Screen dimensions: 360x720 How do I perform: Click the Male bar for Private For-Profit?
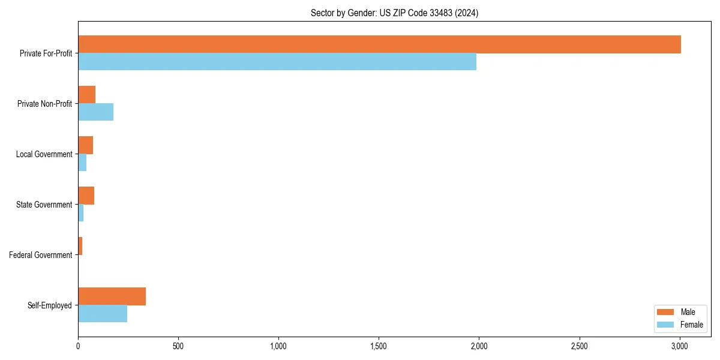[x=379, y=44]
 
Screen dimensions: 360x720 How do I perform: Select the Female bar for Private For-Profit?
[x=277, y=62]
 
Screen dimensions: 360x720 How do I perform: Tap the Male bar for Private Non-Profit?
[x=86, y=95]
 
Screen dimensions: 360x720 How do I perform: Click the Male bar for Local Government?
[x=85, y=145]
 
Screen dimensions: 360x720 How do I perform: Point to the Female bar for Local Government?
[x=82, y=163]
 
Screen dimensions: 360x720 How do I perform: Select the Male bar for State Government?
[x=86, y=196]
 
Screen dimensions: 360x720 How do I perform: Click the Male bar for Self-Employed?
[x=112, y=296]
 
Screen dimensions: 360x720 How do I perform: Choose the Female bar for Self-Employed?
[x=103, y=314]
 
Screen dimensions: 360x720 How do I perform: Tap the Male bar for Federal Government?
[x=80, y=246]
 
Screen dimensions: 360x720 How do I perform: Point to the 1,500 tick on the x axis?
[x=379, y=346]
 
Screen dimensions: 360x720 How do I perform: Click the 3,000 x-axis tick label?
[x=679, y=346]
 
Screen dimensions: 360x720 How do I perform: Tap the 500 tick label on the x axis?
[x=178, y=346]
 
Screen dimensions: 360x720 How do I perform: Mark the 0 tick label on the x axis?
[x=78, y=346]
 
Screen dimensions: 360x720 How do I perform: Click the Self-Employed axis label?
[x=50, y=305]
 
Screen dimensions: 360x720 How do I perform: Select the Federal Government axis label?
[x=41, y=255]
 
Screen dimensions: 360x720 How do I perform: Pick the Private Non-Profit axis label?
[x=44, y=104]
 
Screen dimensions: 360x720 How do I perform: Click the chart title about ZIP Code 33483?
[x=394, y=13]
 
